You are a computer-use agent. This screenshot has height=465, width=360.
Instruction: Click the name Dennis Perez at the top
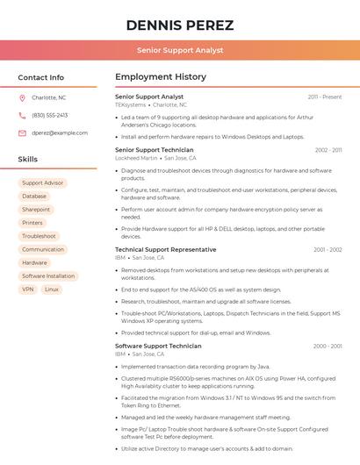tap(180, 25)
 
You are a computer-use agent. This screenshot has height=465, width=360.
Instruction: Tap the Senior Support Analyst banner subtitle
tap(180, 51)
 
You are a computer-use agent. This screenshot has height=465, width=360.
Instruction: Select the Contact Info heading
tap(41, 77)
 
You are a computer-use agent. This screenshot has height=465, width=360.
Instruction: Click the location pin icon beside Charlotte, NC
tap(22, 98)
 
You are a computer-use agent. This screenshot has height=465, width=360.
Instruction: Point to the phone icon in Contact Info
tap(22, 116)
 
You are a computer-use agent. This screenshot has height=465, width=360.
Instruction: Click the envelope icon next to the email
tap(22, 133)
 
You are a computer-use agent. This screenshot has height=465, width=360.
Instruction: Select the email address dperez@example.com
tap(60, 133)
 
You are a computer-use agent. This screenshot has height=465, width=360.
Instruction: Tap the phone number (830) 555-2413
tap(50, 116)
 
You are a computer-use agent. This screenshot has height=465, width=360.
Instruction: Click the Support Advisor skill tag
tap(43, 183)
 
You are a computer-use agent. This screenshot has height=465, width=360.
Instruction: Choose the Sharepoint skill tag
tap(36, 210)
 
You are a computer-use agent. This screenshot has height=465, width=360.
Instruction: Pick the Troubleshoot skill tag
tap(39, 236)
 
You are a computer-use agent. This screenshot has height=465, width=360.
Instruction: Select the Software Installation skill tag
tap(48, 275)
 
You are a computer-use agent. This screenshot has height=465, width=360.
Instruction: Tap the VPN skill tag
tap(28, 289)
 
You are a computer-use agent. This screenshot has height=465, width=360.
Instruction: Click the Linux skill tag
tap(52, 289)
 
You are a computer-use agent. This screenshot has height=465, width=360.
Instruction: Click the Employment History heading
tap(161, 77)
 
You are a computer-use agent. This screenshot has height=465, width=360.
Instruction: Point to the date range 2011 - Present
tap(325, 97)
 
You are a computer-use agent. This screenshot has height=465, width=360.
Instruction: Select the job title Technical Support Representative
tap(165, 250)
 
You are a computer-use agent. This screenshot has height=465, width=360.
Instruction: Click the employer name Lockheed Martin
tap(137, 158)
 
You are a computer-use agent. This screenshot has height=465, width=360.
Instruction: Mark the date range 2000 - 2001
tap(328, 347)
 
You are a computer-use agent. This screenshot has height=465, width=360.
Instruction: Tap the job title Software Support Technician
tap(158, 346)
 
